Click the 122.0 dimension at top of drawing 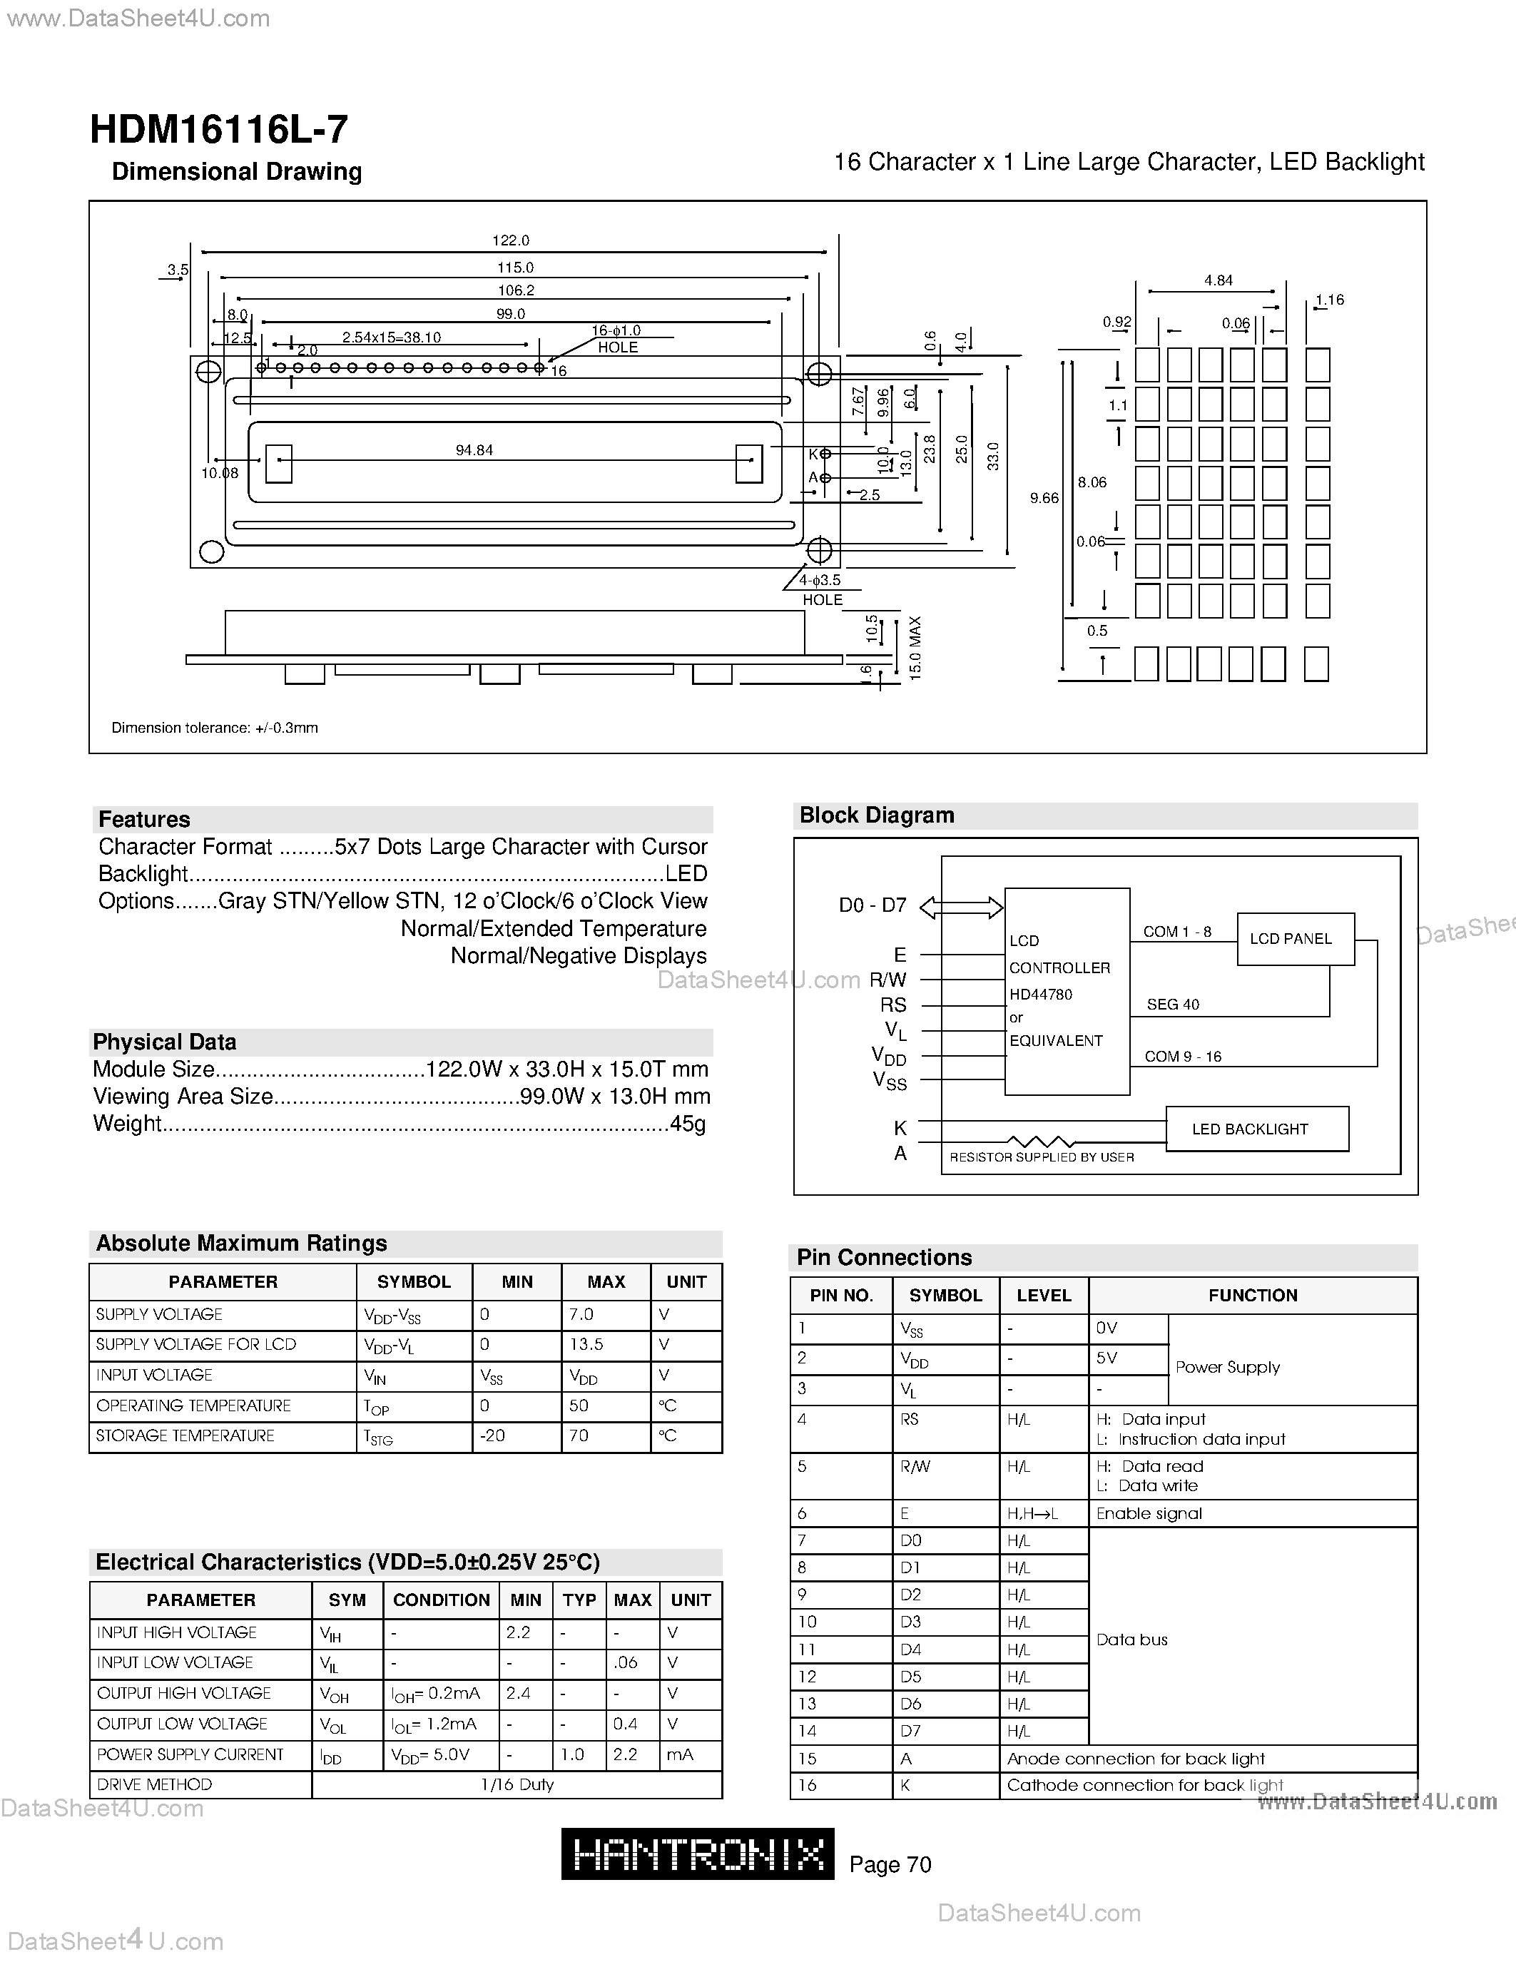click(x=510, y=240)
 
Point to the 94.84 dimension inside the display click(x=474, y=450)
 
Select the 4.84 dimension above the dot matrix click(x=1218, y=280)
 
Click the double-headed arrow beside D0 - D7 click(x=961, y=908)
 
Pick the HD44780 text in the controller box click(x=1040, y=995)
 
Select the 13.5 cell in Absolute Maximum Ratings click(x=586, y=1345)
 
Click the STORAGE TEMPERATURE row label click(x=185, y=1435)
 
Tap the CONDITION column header click(x=441, y=1600)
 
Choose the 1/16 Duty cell click(x=517, y=1784)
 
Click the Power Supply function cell click(x=1227, y=1367)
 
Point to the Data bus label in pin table click(x=1131, y=1640)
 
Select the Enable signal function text click(x=1149, y=1514)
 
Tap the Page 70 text click(x=890, y=1865)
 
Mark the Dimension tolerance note click(x=215, y=728)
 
